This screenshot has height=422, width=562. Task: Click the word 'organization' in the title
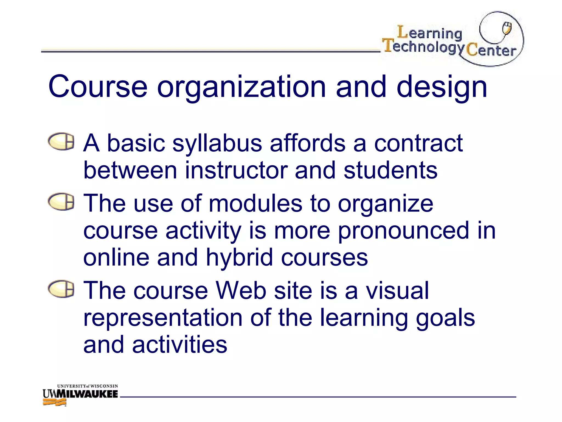tap(241, 87)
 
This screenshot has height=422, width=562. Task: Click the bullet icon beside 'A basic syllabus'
tap(61, 142)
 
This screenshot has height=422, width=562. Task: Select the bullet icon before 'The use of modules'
tap(61, 201)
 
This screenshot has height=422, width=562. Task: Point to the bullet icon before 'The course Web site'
tap(61, 289)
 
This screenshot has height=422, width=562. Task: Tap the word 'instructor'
tap(236, 170)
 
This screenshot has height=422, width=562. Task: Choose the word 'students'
tap(390, 170)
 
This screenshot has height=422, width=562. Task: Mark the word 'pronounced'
tap(403, 231)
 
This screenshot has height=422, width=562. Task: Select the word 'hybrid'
tap(239, 258)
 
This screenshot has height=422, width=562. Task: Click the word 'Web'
tap(241, 291)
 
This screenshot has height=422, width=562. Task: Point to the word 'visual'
tap(397, 291)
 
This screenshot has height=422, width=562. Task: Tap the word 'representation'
tap(163, 318)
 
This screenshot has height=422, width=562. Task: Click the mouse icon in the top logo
tap(507, 29)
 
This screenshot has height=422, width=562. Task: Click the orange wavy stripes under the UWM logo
tap(54, 402)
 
